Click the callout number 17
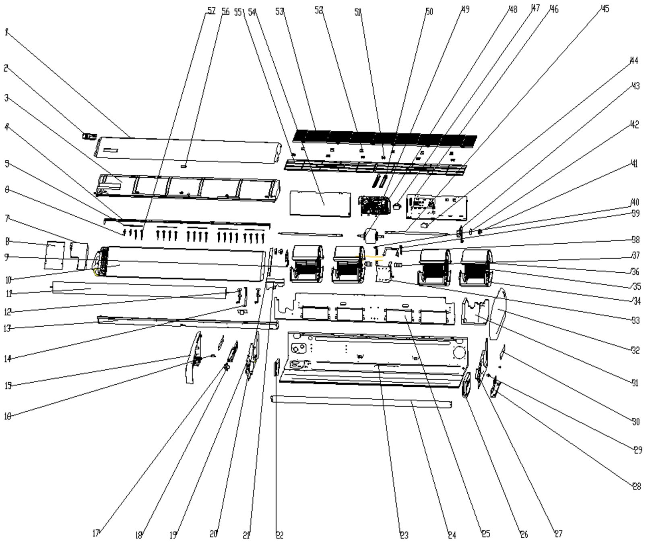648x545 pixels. (96, 534)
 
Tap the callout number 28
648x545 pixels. (636, 487)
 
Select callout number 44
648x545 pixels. (634, 61)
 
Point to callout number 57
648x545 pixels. (211, 11)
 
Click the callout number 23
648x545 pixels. (404, 535)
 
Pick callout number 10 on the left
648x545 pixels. (8, 279)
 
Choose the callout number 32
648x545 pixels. (636, 350)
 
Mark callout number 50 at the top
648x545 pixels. (429, 11)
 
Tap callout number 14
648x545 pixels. (8, 358)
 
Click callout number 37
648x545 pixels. (636, 255)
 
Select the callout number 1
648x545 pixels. (6, 32)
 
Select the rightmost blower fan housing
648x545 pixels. (477, 267)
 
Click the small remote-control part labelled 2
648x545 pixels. (89, 137)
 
